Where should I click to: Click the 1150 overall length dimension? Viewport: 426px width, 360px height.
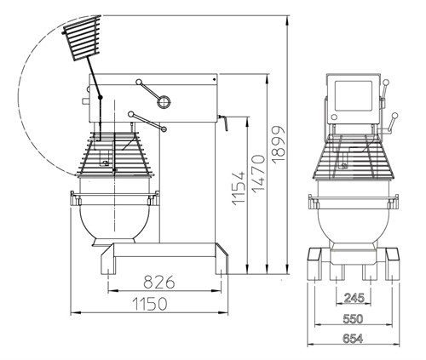(x=150, y=303)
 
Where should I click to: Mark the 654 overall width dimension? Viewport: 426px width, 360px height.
(x=352, y=338)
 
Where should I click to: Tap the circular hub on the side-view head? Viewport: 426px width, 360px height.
(x=162, y=101)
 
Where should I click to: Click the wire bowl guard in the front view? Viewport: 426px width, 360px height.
(x=352, y=157)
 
